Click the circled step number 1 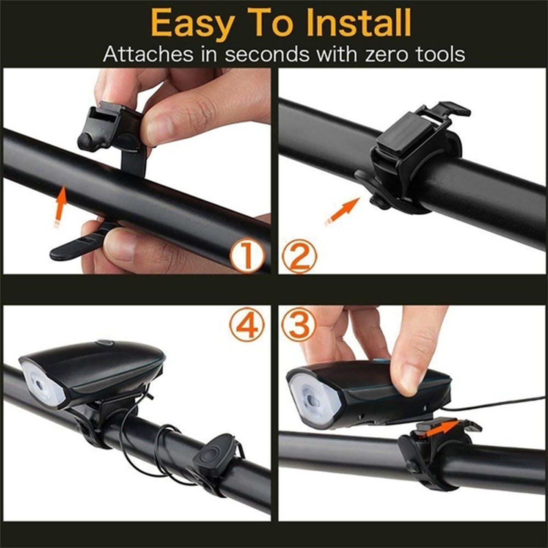(247, 257)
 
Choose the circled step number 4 (247, 325)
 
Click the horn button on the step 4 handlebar (210, 453)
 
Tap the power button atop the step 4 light (105, 343)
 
